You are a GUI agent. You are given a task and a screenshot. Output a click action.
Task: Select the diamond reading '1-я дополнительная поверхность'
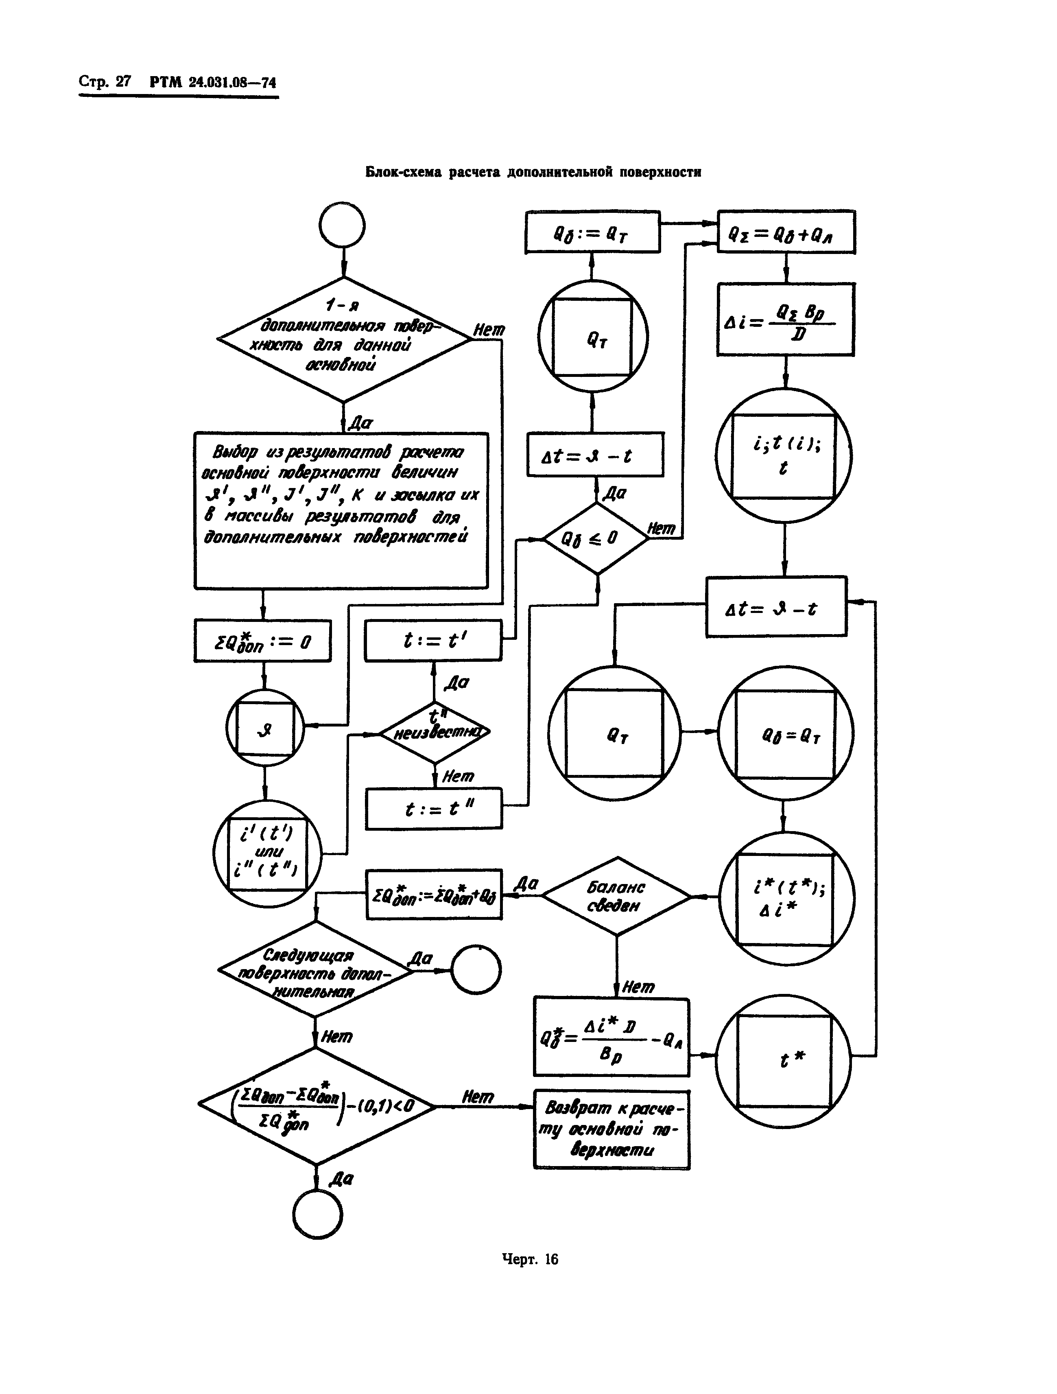point(343,339)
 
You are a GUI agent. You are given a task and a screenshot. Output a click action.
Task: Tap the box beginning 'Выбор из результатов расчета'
point(341,510)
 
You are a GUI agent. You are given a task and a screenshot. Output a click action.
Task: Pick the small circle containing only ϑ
point(264,728)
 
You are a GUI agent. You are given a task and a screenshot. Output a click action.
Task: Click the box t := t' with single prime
point(433,640)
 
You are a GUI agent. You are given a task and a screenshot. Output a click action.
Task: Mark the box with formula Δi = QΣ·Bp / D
point(786,320)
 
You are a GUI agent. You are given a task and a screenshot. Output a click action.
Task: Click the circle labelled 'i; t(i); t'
point(784,455)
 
